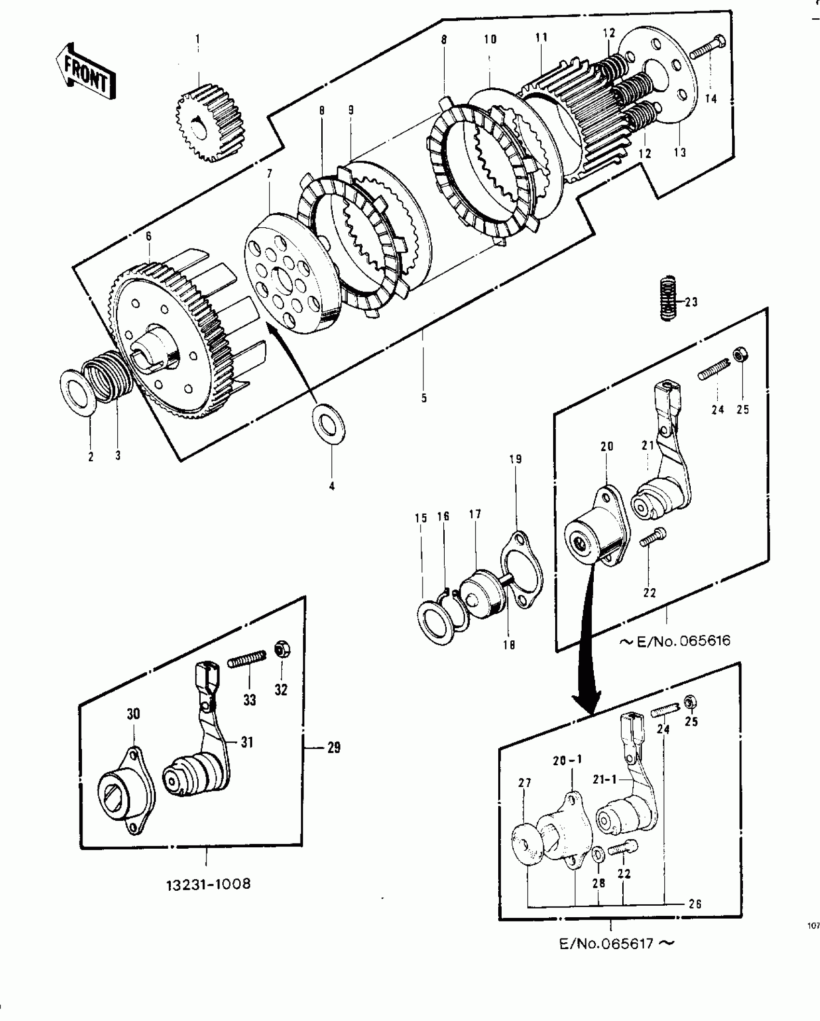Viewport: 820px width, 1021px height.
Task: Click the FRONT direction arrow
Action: tap(86, 73)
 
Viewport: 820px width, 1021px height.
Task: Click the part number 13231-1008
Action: tap(208, 884)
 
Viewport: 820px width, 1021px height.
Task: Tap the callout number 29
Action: tap(333, 748)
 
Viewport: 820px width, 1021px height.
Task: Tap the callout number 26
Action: tap(695, 904)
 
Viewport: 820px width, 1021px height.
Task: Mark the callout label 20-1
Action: tap(567, 759)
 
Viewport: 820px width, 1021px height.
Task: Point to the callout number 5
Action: tap(424, 398)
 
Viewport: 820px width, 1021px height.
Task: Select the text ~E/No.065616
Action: tap(675, 641)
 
